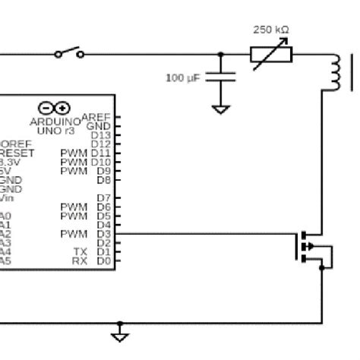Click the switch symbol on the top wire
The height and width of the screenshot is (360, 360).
point(69,53)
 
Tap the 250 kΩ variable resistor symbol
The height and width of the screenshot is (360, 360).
point(270,55)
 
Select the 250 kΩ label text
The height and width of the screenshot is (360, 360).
point(270,30)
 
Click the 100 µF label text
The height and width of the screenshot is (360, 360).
point(184,77)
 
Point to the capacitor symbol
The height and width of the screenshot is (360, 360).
point(221,77)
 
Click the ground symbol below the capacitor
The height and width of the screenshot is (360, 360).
point(221,109)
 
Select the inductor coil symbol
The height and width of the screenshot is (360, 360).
point(335,73)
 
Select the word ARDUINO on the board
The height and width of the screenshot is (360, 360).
point(55,121)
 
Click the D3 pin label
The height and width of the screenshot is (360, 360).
point(104,234)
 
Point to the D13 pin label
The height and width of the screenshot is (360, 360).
point(101,134)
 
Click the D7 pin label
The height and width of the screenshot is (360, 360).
point(104,197)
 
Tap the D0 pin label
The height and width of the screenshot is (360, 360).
point(104,261)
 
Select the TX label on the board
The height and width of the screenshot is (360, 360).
point(80,251)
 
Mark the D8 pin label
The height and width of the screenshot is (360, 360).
point(104,180)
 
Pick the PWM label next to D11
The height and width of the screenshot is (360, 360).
point(74,153)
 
